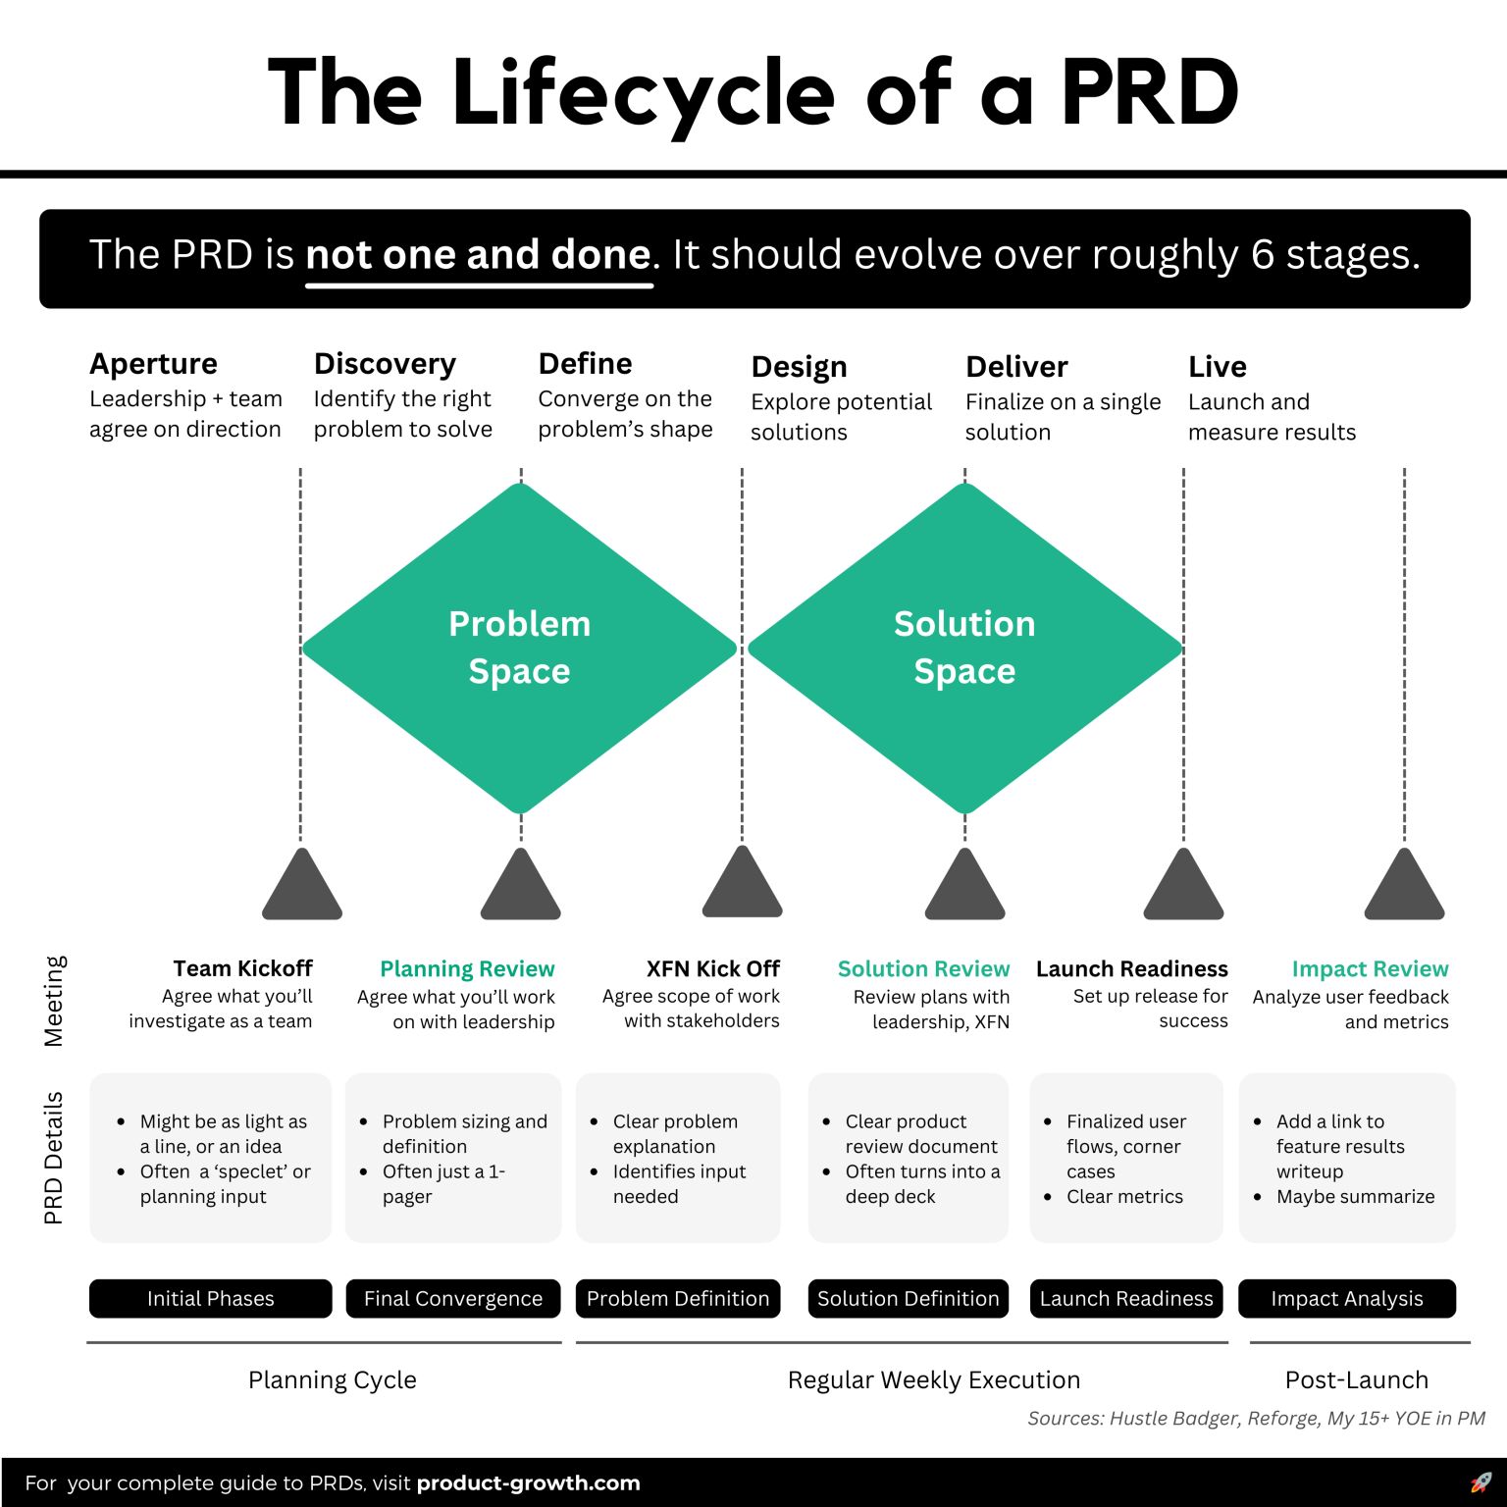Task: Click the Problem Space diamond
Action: pyautogui.click(x=519, y=648)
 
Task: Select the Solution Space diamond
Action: pyautogui.click(x=964, y=648)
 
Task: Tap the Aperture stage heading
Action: pyautogui.click(x=153, y=364)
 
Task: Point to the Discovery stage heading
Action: pyautogui.click(x=385, y=364)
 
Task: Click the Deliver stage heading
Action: pyautogui.click(x=1016, y=367)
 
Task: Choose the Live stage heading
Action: pyautogui.click(x=1217, y=367)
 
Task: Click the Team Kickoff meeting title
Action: pyautogui.click(x=242, y=968)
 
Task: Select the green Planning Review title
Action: pyautogui.click(x=467, y=969)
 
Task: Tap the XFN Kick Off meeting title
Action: pyautogui.click(x=712, y=968)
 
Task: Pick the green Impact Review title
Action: pyautogui.click(x=1370, y=969)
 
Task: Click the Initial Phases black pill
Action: pyautogui.click(x=210, y=1298)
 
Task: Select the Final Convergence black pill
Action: pyautogui.click(x=452, y=1298)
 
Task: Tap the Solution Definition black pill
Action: pyautogui.click(x=908, y=1298)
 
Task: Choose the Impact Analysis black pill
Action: pyautogui.click(x=1346, y=1298)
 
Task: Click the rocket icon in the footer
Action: pyautogui.click(x=1481, y=1482)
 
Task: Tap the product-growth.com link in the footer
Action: pyautogui.click(x=528, y=1483)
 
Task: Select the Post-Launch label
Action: pyautogui.click(x=1356, y=1379)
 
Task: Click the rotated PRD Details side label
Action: pyautogui.click(x=53, y=1158)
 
